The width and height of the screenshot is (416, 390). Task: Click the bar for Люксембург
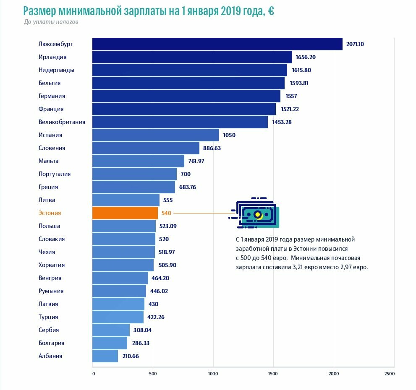coord(217,44)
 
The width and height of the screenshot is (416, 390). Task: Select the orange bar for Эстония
coord(125,213)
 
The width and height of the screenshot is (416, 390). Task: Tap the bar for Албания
coord(105,356)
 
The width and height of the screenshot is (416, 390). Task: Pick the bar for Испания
coord(155,135)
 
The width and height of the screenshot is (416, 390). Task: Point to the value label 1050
coord(229,135)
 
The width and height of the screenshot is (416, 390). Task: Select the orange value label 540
coord(166,213)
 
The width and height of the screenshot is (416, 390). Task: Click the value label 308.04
coord(142,330)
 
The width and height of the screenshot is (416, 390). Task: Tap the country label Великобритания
coord(62,122)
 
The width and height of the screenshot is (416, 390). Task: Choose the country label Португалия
coord(55,174)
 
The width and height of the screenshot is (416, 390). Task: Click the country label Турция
coord(48,317)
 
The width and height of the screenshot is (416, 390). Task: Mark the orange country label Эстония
coord(50,213)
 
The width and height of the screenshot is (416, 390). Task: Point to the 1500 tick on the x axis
coord(273,373)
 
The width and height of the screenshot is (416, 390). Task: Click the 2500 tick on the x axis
coord(389,373)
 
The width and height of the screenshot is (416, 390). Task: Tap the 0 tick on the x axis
coord(93,373)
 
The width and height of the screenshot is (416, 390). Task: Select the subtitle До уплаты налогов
coord(51,22)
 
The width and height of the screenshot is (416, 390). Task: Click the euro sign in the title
coord(271,11)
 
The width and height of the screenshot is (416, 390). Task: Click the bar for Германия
coord(186,96)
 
